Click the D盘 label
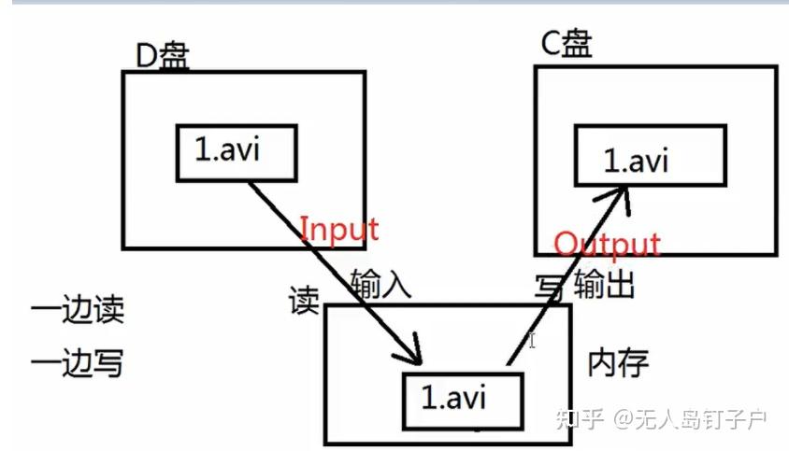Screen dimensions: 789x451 point(163,56)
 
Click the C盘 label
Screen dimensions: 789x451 point(567,43)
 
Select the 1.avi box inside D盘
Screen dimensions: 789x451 point(237,152)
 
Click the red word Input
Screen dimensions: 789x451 point(338,229)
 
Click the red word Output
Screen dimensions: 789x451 point(607,245)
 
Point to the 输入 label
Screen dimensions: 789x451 point(380,282)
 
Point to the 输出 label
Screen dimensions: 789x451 point(605,282)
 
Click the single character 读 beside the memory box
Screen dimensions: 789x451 point(305,301)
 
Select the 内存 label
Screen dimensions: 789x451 point(618,361)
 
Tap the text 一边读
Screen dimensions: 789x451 point(78,310)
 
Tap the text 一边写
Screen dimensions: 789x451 point(78,362)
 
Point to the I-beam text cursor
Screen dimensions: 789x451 point(532,341)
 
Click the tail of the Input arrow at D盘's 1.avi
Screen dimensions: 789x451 point(250,183)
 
